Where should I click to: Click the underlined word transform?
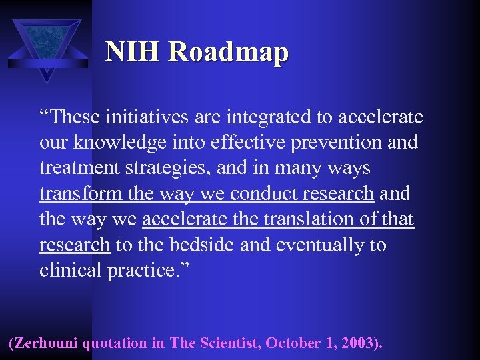(x=81, y=194)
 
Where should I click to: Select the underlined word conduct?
(x=263, y=194)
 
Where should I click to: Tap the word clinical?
(x=71, y=270)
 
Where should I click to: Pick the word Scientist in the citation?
(x=229, y=343)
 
